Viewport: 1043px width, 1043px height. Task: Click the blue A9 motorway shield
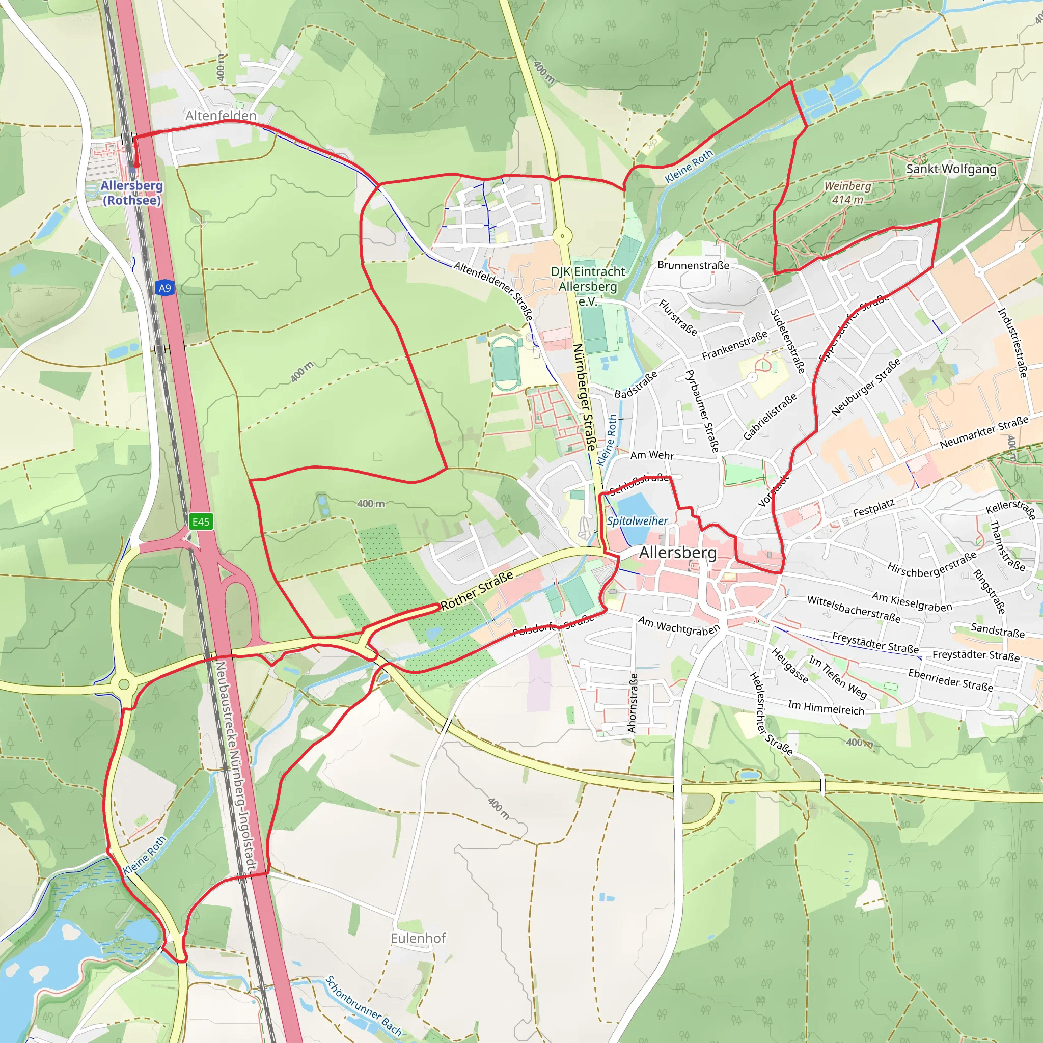(x=164, y=288)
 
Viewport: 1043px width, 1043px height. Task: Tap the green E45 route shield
(x=201, y=521)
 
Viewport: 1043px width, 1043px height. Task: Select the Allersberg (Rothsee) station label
(x=131, y=193)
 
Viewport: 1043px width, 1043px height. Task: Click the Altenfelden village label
(x=221, y=116)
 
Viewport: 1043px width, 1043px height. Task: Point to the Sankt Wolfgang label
(x=951, y=169)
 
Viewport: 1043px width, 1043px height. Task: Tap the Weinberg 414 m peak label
(x=847, y=193)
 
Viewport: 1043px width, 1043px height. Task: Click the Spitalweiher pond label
(x=637, y=521)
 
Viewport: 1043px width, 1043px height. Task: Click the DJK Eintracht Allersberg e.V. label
(x=587, y=286)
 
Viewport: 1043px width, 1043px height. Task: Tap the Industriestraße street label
(x=1012, y=343)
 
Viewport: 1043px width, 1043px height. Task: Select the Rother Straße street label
(x=477, y=591)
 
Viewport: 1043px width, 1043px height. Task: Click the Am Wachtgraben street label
(x=678, y=626)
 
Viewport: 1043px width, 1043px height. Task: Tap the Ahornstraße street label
(x=633, y=703)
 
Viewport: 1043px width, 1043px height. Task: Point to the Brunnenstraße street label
(x=693, y=265)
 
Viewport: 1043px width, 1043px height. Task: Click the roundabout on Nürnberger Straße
(x=563, y=236)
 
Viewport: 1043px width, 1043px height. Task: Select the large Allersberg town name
(x=677, y=553)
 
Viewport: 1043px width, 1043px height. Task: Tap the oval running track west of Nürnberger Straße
(x=506, y=363)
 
